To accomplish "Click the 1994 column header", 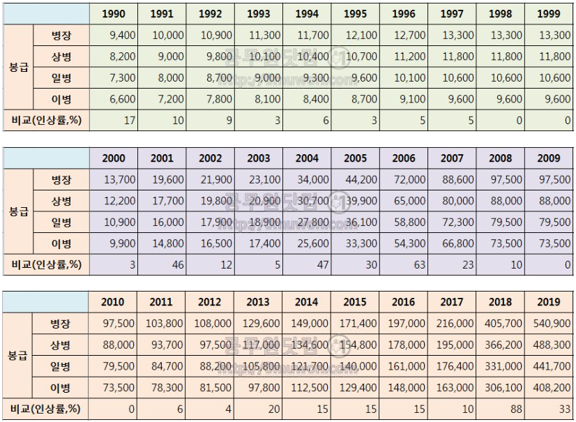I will [307, 14].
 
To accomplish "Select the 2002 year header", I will [211, 158].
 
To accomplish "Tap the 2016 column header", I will [404, 302].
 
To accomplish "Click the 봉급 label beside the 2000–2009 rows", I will [19, 211].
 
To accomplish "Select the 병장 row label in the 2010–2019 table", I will [61, 324].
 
